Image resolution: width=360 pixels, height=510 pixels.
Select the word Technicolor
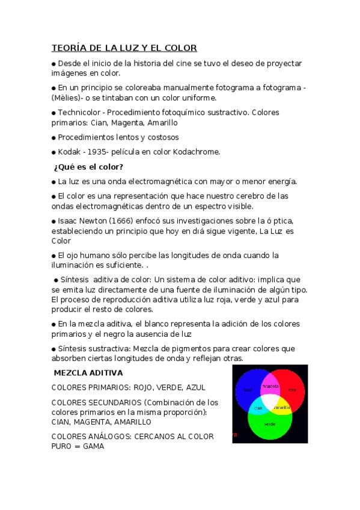point(81,112)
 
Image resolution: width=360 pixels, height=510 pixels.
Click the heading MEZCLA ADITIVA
point(88,373)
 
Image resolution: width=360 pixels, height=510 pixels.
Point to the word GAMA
point(94,447)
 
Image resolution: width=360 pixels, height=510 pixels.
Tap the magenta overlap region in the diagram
point(269,387)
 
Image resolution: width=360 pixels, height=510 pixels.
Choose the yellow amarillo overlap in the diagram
point(282,408)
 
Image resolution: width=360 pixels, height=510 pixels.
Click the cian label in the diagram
point(257,408)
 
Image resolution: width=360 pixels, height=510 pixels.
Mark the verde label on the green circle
point(270,425)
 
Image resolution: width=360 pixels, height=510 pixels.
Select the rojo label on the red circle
point(292,390)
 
